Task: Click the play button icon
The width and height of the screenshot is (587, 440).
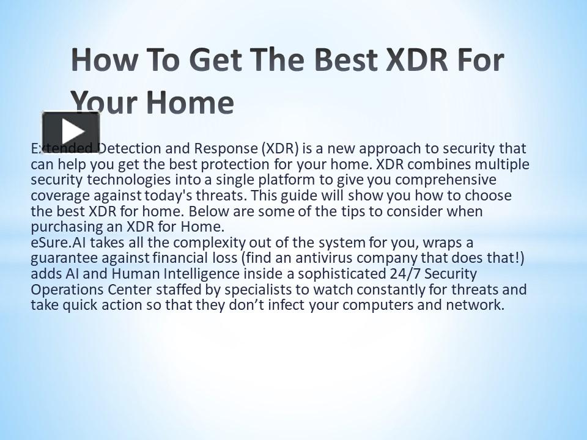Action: pos(71,131)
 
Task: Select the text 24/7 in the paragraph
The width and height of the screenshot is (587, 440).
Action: pos(410,274)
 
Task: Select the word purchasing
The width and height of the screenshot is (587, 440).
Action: pos(63,227)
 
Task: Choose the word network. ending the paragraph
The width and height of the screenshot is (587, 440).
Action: pos(479,305)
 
